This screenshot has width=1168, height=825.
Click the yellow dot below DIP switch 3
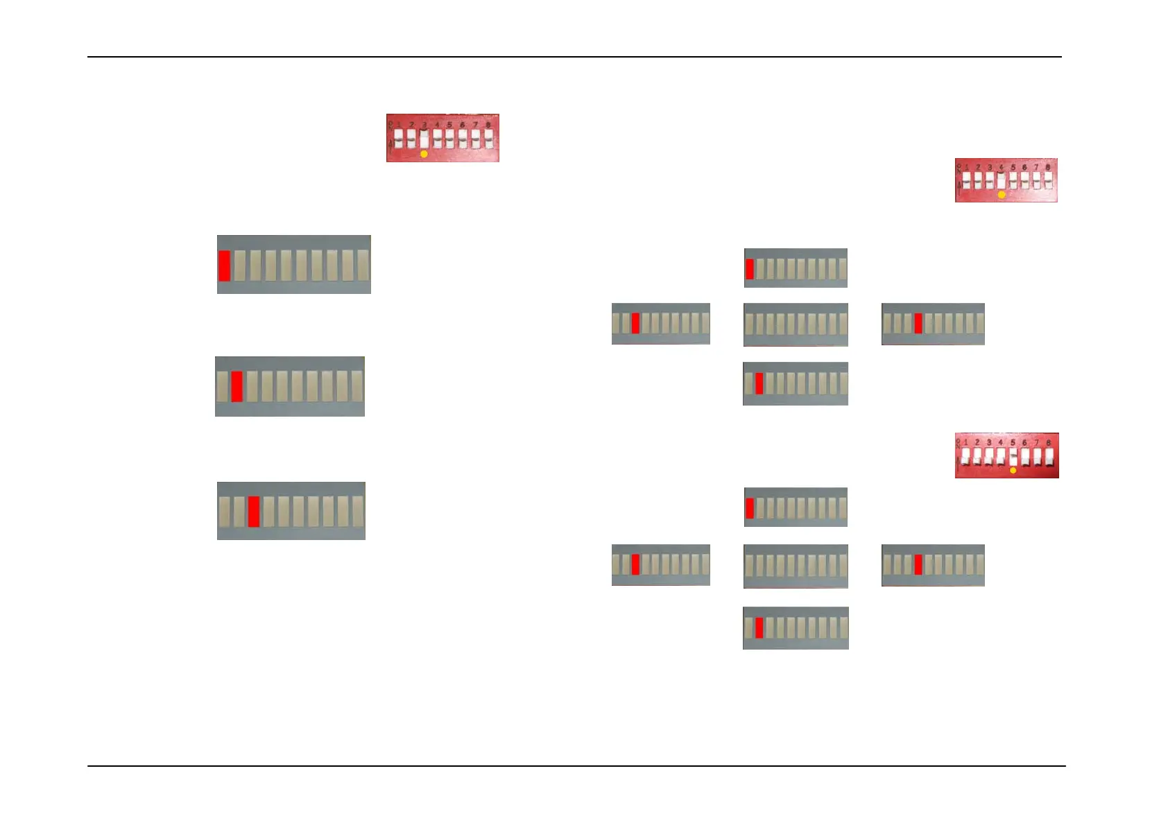(424, 154)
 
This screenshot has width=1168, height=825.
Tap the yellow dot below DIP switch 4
(1002, 196)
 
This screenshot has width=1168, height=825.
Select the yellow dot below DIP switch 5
(1013, 470)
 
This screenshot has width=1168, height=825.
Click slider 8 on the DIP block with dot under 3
(488, 139)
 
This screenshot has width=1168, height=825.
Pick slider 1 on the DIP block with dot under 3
(399, 139)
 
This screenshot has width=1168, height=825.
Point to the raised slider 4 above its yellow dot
(1002, 180)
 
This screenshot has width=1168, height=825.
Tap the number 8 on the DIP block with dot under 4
(1047, 167)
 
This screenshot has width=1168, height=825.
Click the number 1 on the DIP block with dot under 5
(965, 442)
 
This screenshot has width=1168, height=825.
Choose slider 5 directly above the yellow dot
(1013, 456)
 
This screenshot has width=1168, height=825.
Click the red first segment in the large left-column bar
(225, 266)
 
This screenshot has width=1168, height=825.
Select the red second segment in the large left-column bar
(237, 386)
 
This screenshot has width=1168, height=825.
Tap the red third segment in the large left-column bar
(254, 512)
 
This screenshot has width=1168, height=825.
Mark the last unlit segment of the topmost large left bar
(363, 266)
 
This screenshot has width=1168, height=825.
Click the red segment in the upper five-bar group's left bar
(635, 323)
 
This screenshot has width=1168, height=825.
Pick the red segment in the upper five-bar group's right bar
(918, 323)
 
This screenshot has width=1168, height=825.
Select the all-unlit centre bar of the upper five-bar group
(796, 324)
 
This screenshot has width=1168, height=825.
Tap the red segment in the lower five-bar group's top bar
(750, 507)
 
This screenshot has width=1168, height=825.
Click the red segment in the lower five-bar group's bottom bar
(759, 627)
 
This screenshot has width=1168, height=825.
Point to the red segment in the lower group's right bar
(918, 564)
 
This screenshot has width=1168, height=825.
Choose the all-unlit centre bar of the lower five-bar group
(796, 566)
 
